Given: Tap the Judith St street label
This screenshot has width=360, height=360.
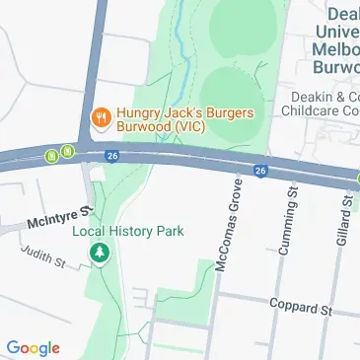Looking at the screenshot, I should [x=45, y=256].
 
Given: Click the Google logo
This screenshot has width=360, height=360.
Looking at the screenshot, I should [x=33, y=347].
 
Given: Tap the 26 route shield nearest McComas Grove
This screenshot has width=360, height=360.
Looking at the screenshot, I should [x=260, y=171].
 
